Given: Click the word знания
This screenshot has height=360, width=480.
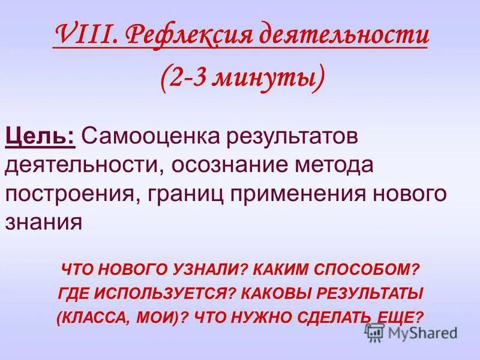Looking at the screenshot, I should [43, 222].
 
